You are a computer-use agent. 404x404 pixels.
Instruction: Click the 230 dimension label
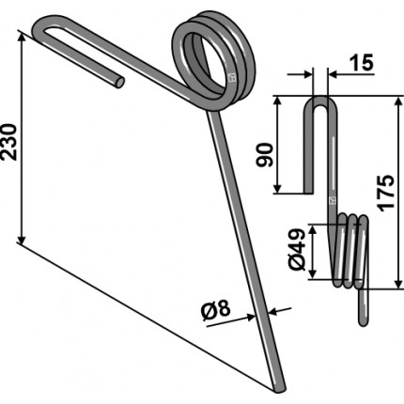click(8, 142)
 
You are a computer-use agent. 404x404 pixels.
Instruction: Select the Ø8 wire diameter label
click(216, 311)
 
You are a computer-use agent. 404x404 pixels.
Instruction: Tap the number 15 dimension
click(361, 62)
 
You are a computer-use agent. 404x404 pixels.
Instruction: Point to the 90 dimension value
click(265, 155)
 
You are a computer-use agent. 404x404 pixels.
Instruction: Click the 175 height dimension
click(385, 193)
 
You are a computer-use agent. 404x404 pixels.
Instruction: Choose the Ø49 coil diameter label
click(297, 250)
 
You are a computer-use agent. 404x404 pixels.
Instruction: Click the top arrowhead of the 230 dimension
click(21, 37)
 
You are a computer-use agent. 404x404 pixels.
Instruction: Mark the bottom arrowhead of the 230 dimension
click(21, 240)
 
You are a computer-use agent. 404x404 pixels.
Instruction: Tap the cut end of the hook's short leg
click(119, 82)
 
